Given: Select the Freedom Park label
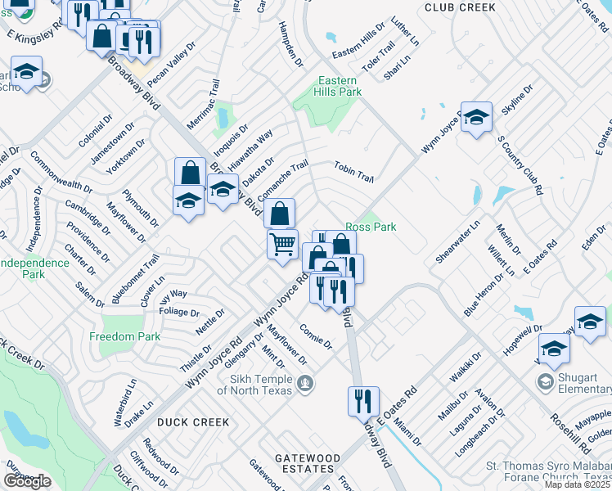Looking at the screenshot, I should pyautogui.click(x=124, y=336).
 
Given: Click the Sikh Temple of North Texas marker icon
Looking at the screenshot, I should pyautogui.click(x=305, y=382).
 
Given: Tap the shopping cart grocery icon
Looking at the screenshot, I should pyautogui.click(x=282, y=243).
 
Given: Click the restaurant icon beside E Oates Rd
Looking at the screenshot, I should pyautogui.click(x=363, y=401).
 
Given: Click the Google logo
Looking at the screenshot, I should pyautogui.click(x=27, y=481).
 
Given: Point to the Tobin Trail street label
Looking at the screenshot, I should pyautogui.click(x=353, y=172).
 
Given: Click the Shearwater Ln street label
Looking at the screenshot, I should pyautogui.click(x=458, y=241).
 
